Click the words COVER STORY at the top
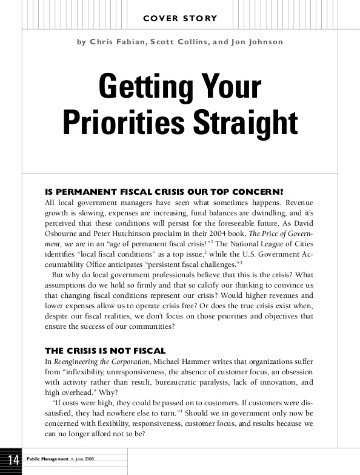180,19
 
